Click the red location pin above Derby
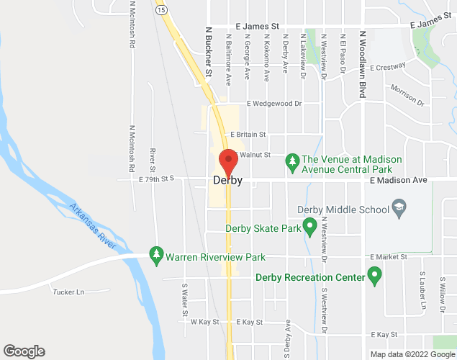(x=228, y=160)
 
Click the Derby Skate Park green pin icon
(x=310, y=229)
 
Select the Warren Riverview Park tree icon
(x=156, y=256)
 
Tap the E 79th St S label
(x=156, y=180)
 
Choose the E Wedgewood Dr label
(x=274, y=103)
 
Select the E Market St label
(x=389, y=257)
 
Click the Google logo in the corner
(x=24, y=351)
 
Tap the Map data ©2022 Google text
(x=411, y=354)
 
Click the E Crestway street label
(x=387, y=67)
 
